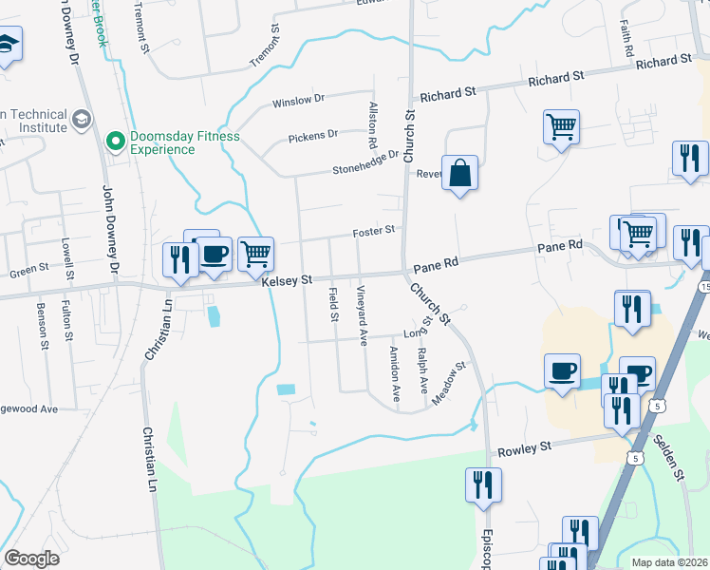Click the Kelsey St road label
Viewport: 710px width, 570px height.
click(x=287, y=280)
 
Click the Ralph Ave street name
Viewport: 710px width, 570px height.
click(x=423, y=365)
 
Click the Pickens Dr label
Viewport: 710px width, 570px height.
click(x=312, y=134)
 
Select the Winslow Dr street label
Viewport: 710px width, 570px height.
click(x=298, y=98)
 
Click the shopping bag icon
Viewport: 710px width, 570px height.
click(x=459, y=174)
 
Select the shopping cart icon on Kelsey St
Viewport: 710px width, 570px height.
click(x=254, y=254)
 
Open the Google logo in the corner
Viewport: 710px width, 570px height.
click(x=32, y=559)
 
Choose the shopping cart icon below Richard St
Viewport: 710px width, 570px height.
click(x=562, y=126)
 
